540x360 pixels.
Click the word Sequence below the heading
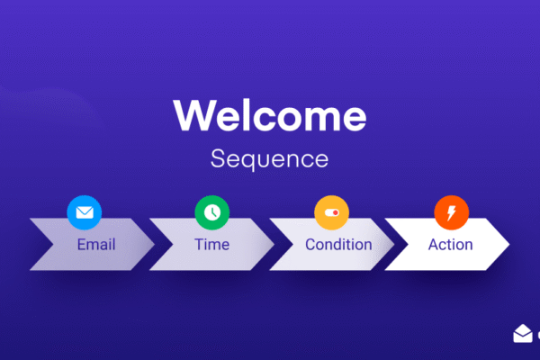pyautogui.click(x=270, y=159)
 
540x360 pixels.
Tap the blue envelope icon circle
pyautogui.click(x=84, y=212)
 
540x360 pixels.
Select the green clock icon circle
pyautogui.click(x=211, y=212)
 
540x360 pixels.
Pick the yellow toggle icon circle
pyautogui.click(x=331, y=212)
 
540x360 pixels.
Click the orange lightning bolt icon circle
pyautogui.click(x=451, y=212)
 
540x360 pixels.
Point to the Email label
pyautogui.click(x=95, y=245)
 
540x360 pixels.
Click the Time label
pyautogui.click(x=211, y=245)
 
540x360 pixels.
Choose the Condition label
pyautogui.click(x=337, y=245)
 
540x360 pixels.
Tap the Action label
pyautogui.click(x=450, y=245)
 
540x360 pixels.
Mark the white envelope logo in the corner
pyautogui.click(x=523, y=334)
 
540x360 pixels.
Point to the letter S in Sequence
pyautogui.click(x=218, y=159)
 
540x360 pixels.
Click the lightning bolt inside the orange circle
pyautogui.click(x=451, y=212)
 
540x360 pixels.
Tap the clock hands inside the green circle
pyautogui.click(x=211, y=212)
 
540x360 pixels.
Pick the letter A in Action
pyautogui.click(x=434, y=245)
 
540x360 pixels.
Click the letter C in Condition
pyautogui.click(x=310, y=245)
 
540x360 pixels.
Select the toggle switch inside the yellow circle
pyautogui.click(x=331, y=212)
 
